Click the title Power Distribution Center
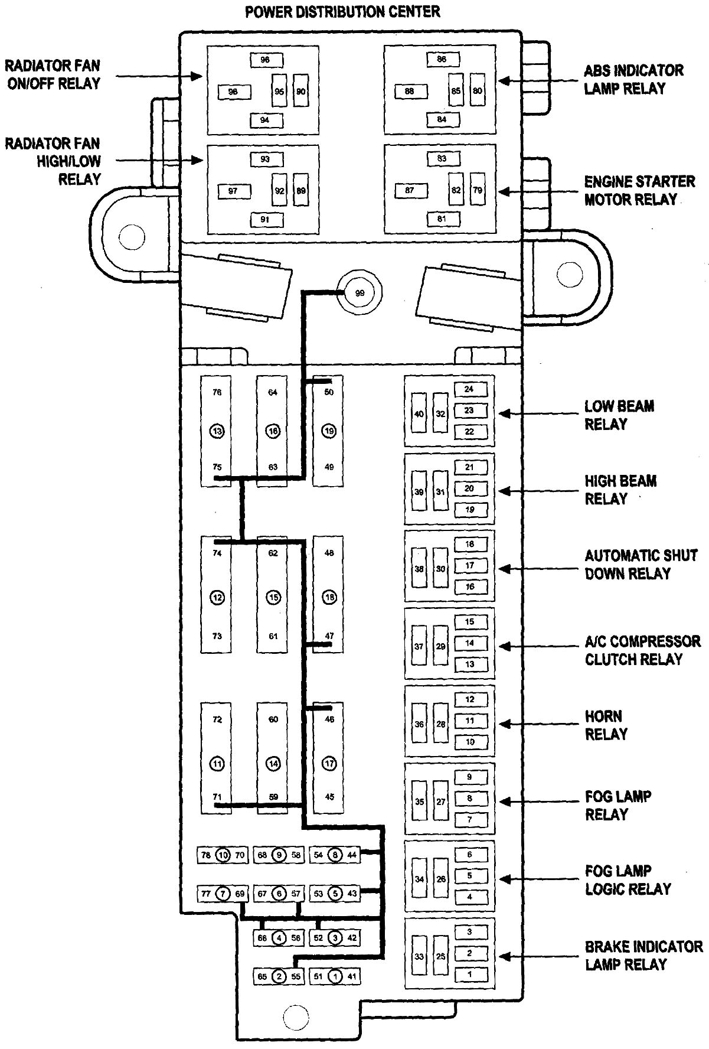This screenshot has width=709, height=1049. [x=342, y=12]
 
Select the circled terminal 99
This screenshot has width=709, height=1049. [x=360, y=294]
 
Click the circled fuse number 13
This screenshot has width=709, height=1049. [x=217, y=431]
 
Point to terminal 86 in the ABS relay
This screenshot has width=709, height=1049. [x=442, y=59]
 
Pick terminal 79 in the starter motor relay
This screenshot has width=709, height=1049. [x=477, y=190]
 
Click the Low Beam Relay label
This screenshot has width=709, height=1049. [x=619, y=415]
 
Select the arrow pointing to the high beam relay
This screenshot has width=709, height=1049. [x=525, y=491]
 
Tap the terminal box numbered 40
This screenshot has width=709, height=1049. [x=419, y=413]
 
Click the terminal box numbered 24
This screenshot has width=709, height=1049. [x=469, y=389]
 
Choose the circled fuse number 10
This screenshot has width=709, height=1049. [x=223, y=855]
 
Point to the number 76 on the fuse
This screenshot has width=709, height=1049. [x=217, y=392]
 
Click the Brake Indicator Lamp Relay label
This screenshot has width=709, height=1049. [x=643, y=956]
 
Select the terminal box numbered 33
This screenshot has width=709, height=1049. [x=419, y=956]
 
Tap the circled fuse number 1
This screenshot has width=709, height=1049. [x=335, y=976]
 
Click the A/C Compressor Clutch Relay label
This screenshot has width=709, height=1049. [x=642, y=650]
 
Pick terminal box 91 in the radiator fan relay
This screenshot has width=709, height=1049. [x=264, y=219]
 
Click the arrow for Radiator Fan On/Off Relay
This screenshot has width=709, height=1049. [x=159, y=76]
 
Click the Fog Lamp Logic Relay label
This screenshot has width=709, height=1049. [x=628, y=879]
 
